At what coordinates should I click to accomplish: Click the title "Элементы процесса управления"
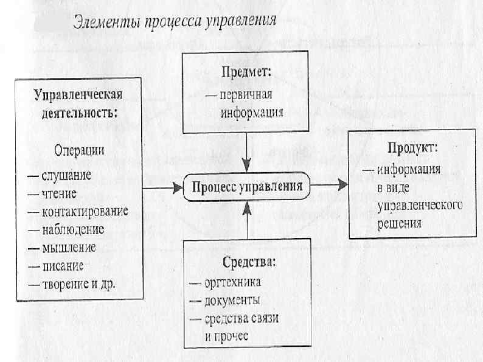(175, 22)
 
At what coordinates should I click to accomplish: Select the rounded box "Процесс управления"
(247, 187)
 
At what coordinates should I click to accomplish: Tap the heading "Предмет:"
(246, 72)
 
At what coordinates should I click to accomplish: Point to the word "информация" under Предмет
(252, 112)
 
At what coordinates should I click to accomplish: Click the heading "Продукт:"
(412, 147)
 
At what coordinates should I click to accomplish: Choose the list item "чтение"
(59, 194)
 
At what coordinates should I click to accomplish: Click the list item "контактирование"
(85, 212)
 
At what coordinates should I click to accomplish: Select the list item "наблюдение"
(73, 229)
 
